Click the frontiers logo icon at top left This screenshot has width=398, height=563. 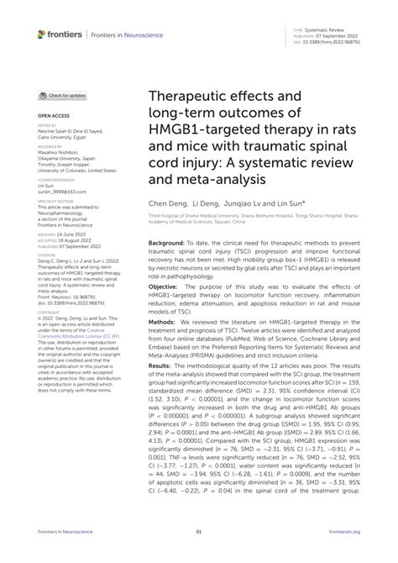42,34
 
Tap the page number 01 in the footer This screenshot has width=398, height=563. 199,555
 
